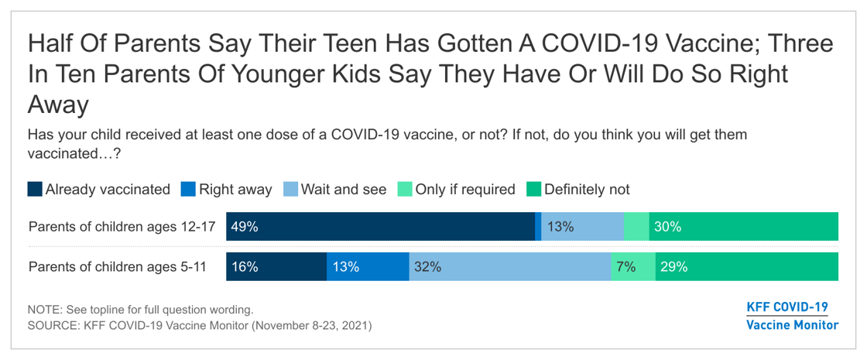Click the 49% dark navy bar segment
coord(379,227)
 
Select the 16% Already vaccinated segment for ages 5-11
coord(276,266)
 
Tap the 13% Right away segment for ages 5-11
coord(368,266)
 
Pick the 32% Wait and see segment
coord(509,266)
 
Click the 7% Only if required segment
coord(632,266)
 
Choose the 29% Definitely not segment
coord(746,266)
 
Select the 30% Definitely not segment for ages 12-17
coord(743,227)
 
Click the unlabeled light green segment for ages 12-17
coord(636,227)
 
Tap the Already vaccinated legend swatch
coord(35,189)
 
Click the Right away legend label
coord(235,189)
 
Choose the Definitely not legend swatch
coord(533,189)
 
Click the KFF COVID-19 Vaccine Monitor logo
coord(791,316)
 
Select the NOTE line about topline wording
coord(140,309)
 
